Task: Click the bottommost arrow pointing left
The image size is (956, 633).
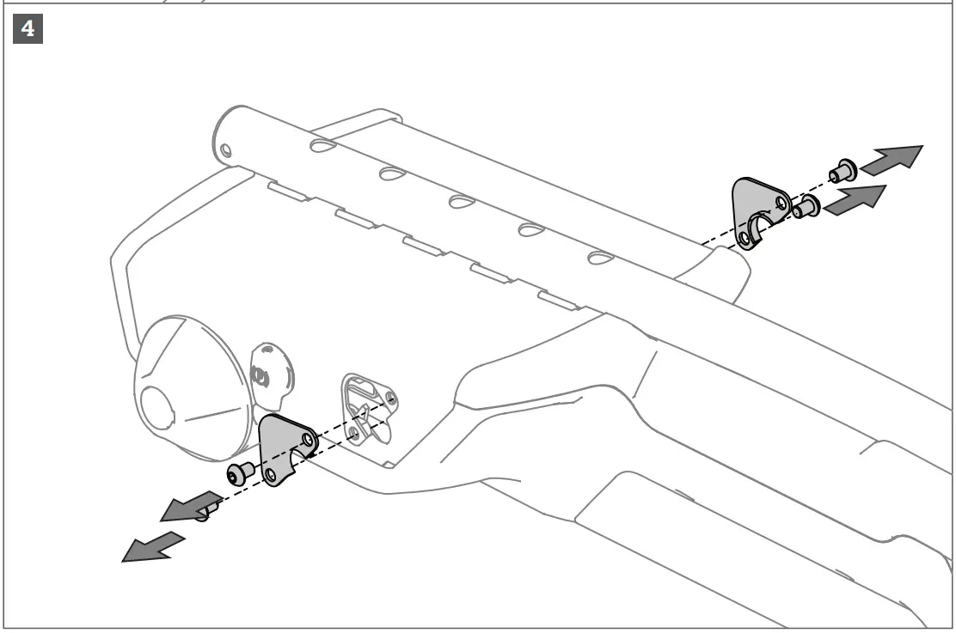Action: [153, 547]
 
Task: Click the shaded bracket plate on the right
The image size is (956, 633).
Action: [757, 210]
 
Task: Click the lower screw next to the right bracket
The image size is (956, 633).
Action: [806, 207]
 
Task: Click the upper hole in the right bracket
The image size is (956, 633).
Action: [781, 204]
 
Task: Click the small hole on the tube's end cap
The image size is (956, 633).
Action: [225, 152]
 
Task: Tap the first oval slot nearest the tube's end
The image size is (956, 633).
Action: [323, 147]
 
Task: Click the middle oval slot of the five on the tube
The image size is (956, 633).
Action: [461, 202]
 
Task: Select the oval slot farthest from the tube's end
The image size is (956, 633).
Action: [600, 257]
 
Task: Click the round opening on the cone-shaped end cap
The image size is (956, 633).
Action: [158, 407]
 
